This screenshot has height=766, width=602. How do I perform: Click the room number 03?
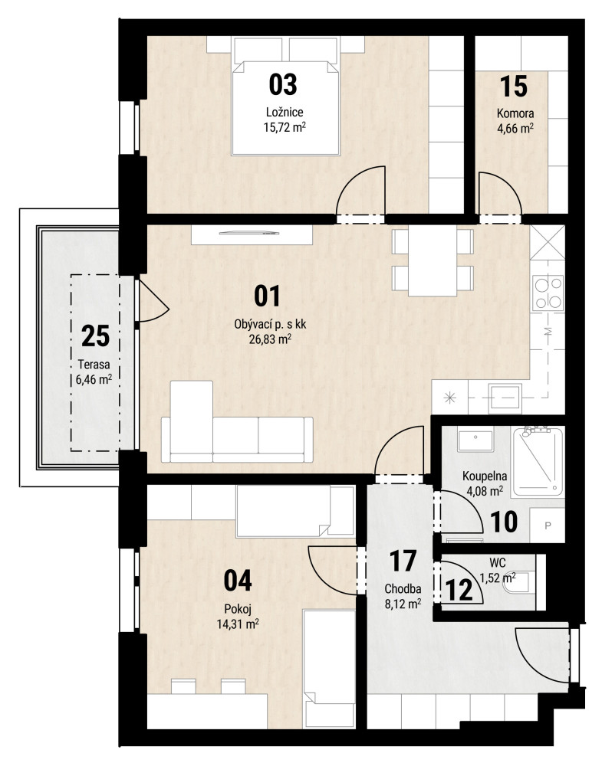click(283, 84)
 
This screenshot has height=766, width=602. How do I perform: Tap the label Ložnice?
click(285, 112)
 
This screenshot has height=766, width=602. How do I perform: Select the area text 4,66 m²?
click(515, 129)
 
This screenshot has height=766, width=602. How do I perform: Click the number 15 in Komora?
click(514, 87)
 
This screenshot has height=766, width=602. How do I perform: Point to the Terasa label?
click(94, 365)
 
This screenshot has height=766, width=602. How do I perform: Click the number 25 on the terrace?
click(95, 336)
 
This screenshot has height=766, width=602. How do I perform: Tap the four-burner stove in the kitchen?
click(548, 293)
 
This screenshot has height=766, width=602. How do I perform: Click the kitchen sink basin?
click(505, 396)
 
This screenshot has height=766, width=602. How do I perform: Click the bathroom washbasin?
click(475, 440)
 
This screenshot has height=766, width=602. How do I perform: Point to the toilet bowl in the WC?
click(516, 582)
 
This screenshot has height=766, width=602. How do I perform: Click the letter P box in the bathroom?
click(548, 525)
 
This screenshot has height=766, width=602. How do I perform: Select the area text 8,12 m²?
click(403, 604)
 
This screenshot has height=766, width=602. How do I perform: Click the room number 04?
click(238, 581)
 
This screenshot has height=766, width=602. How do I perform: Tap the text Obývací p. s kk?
click(271, 324)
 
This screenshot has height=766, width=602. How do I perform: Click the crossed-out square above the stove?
click(548, 242)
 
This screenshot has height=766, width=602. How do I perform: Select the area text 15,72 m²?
click(285, 127)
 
